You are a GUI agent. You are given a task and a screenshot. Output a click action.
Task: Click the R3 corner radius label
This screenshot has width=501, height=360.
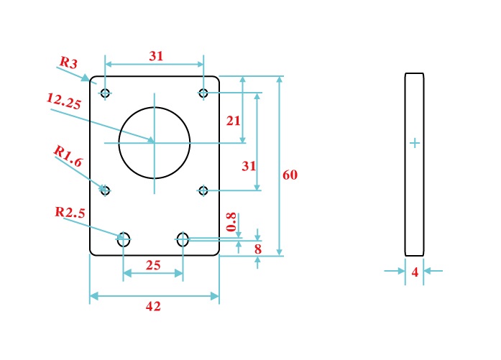click(69, 62)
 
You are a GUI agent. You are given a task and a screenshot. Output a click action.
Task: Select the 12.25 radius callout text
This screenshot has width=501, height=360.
click(64, 101)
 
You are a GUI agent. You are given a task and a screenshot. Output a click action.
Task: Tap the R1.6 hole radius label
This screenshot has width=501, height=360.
click(68, 156)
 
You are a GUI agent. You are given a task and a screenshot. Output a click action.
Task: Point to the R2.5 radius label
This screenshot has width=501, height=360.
click(70, 212)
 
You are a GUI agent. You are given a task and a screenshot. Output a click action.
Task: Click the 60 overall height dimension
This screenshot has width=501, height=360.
click(290, 175)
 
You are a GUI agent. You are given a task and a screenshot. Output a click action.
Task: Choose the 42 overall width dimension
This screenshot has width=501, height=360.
click(153, 306)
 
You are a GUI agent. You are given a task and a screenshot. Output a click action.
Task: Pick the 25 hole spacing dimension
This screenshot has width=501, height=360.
click(153, 265)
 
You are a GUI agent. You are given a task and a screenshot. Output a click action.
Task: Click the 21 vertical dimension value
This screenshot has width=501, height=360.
click(233, 121)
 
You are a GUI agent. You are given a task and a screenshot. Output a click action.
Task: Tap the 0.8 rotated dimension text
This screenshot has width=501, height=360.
click(231, 222)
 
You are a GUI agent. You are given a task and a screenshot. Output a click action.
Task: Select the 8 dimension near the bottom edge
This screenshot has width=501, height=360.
click(258, 249)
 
